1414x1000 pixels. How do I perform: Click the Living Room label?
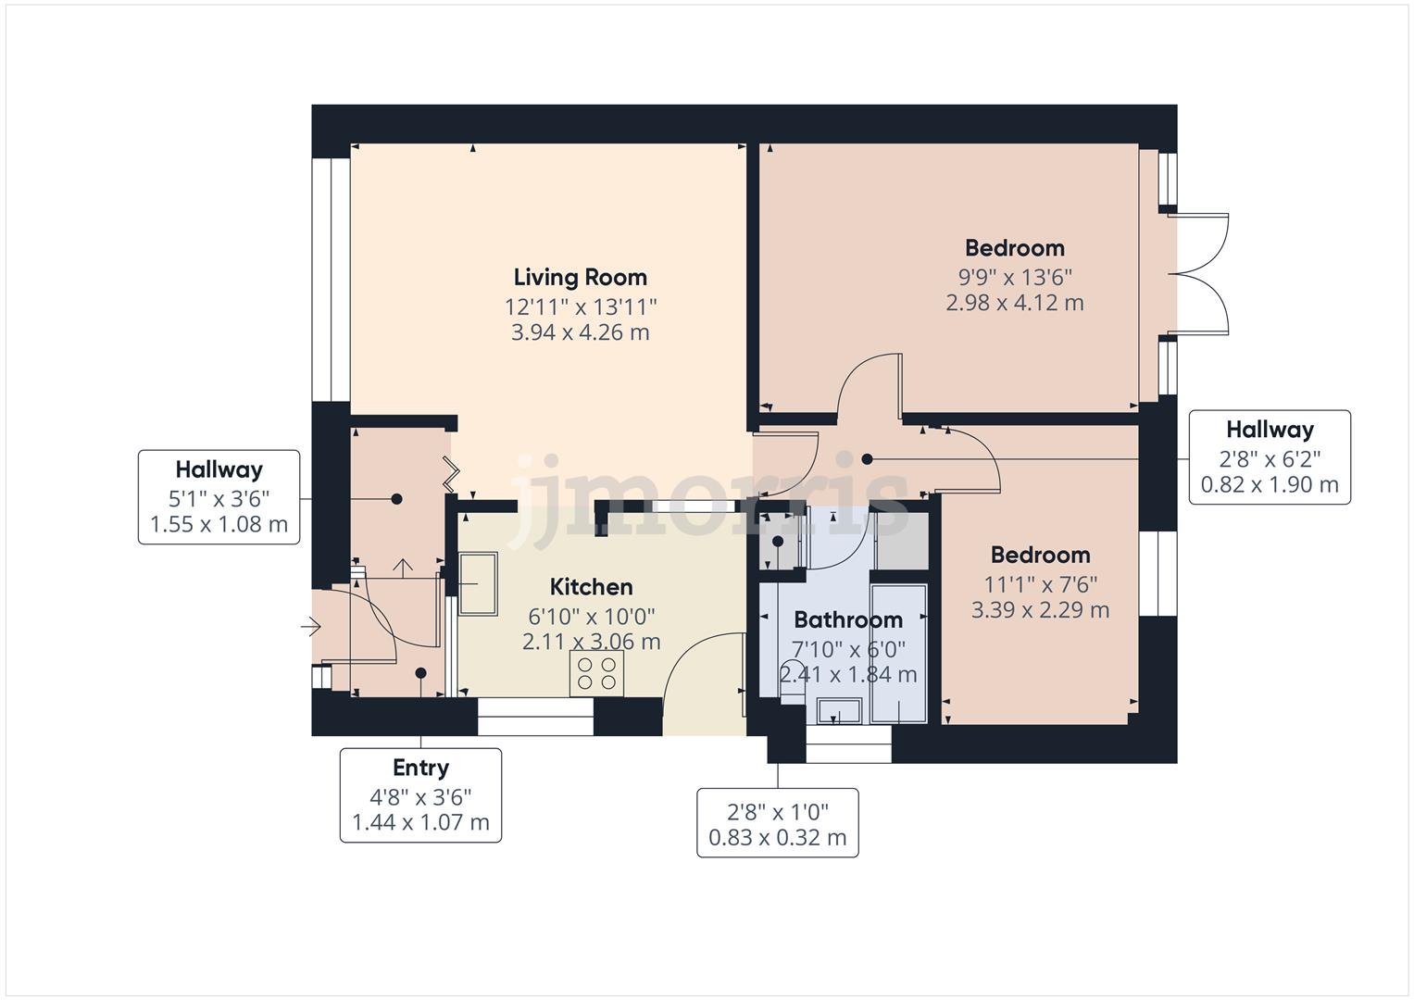click(x=580, y=277)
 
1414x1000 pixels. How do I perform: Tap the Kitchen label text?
click(x=591, y=586)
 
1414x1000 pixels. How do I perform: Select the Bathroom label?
click(x=847, y=619)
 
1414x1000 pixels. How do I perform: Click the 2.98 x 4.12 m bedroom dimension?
click(x=1014, y=303)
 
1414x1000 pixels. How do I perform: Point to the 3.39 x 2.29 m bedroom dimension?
click(x=1040, y=609)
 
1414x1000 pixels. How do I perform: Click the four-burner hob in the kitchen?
click(x=596, y=673)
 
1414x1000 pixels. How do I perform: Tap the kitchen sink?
click(x=479, y=583)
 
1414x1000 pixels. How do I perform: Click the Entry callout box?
click(x=420, y=795)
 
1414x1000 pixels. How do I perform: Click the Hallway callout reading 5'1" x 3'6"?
click(x=219, y=497)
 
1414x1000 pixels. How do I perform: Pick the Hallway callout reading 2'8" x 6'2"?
click(x=1269, y=457)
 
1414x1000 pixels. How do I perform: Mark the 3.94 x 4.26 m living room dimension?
click(x=580, y=332)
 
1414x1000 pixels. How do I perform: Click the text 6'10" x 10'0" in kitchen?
click(x=591, y=616)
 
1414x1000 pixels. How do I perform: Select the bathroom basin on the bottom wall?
click(x=840, y=711)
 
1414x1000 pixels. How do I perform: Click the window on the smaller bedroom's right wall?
click(x=1157, y=573)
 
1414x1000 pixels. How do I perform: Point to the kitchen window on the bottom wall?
click(x=534, y=718)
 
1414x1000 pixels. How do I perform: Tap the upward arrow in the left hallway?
click(x=403, y=567)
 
